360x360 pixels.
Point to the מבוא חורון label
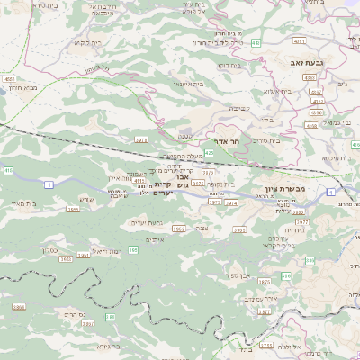point(21,86)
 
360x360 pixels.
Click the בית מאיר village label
point(22,205)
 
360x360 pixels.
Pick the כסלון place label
point(50,249)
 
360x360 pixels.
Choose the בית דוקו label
point(228,66)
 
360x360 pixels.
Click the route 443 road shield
point(256,41)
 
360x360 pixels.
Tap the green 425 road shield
point(209,154)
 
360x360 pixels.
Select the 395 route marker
point(132,248)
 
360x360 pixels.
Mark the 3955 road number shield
point(73,209)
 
